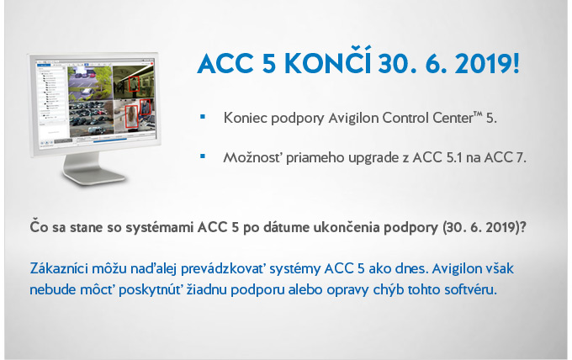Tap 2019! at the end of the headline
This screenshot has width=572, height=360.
point(487,64)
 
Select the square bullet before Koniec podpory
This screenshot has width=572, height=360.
point(203,117)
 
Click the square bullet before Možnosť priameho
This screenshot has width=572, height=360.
point(203,156)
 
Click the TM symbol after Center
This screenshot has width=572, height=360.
point(478,114)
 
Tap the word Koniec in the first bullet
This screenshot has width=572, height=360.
point(245,118)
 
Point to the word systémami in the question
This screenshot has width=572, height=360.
point(160,227)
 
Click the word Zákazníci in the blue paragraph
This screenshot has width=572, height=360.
point(59,268)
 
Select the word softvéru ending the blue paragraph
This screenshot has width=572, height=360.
point(470,289)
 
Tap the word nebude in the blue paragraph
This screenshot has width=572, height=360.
point(52,289)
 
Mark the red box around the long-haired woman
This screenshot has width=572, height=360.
point(131,116)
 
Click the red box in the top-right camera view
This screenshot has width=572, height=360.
point(134,84)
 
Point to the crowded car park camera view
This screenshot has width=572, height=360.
point(91,118)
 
